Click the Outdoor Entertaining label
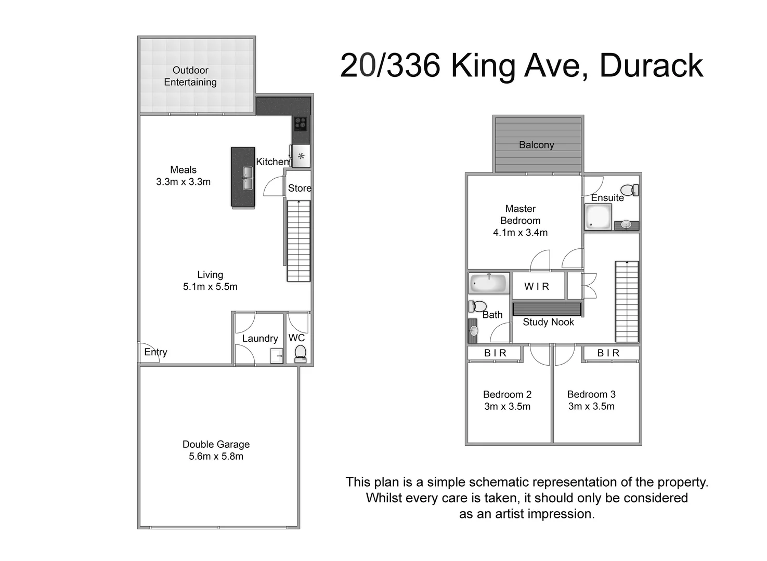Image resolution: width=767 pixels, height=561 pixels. pyautogui.click(x=190, y=76)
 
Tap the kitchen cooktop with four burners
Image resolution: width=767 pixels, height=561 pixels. pyautogui.click(x=301, y=124)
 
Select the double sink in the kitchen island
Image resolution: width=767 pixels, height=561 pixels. pyautogui.click(x=248, y=178)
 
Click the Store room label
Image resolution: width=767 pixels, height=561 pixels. pyautogui.click(x=300, y=188)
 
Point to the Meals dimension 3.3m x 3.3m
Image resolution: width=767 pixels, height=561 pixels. pyautogui.click(x=183, y=182)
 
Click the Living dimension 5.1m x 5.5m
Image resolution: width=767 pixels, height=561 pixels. pyautogui.click(x=210, y=287)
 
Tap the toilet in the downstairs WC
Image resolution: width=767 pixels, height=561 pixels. pyautogui.click(x=300, y=354)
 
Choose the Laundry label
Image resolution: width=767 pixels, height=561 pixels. pyautogui.click(x=259, y=339)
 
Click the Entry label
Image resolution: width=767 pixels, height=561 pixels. pyautogui.click(x=155, y=352)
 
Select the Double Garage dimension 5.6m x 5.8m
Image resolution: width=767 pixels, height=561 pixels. pyautogui.click(x=216, y=457)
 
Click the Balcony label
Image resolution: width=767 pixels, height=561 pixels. pyautogui.click(x=536, y=145)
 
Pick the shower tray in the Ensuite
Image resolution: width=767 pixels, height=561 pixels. pyautogui.click(x=598, y=217)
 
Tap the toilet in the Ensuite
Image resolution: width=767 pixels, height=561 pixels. pyautogui.click(x=630, y=190)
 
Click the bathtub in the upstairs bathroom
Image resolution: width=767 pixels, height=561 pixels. pyautogui.click(x=488, y=284)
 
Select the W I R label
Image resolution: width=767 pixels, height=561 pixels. pyautogui.click(x=537, y=286)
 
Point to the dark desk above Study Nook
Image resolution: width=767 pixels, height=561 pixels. pyautogui.click(x=547, y=309)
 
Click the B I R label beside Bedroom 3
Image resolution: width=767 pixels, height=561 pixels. pyautogui.click(x=608, y=353)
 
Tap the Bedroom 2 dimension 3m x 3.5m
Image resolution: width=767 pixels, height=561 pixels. pyautogui.click(x=507, y=407)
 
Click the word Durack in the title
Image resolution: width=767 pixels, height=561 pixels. pyautogui.click(x=651, y=66)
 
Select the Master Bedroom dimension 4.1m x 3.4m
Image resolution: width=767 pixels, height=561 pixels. pyautogui.click(x=520, y=233)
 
